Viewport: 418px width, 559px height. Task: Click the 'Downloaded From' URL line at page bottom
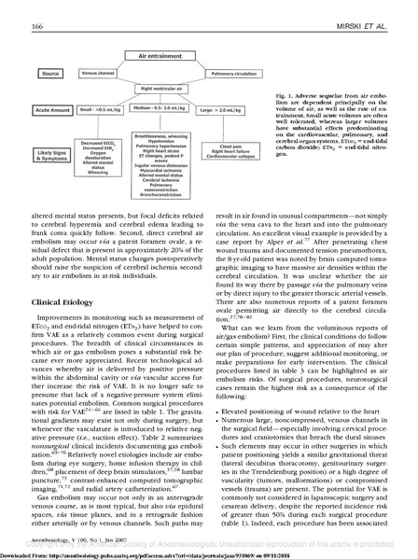(x=209, y=552)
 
